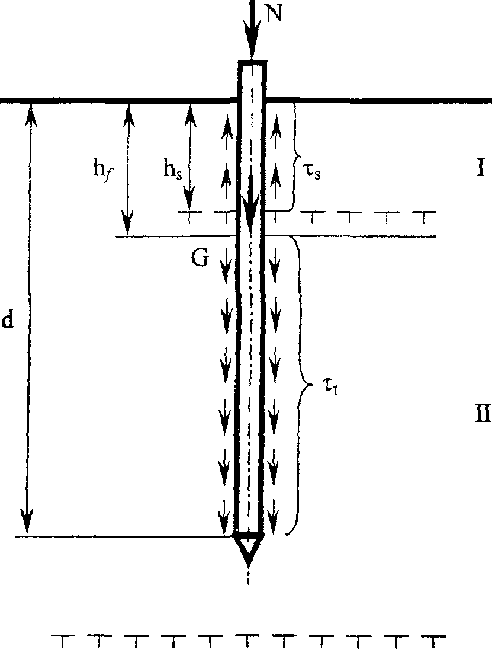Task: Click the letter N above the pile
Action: pos(273,14)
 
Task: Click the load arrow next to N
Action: pos(252,29)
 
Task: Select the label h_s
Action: pos(172,169)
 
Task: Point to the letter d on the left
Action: pos(8,320)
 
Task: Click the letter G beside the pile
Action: pos(200,260)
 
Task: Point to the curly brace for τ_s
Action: pos(295,156)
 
